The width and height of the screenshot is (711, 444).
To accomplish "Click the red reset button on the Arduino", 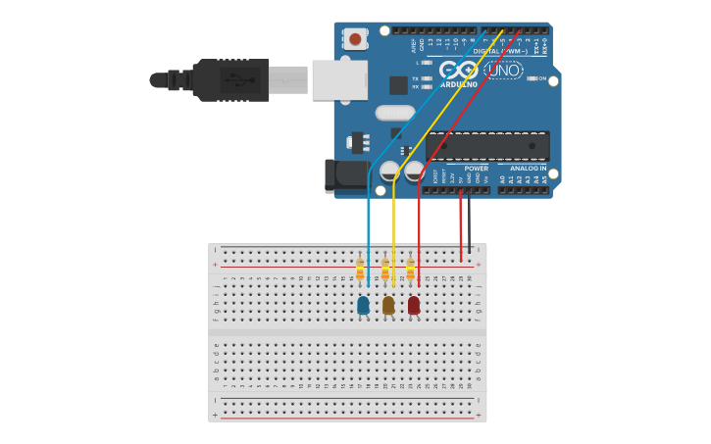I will [x=355, y=40].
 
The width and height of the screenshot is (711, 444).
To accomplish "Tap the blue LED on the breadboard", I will [x=363, y=306].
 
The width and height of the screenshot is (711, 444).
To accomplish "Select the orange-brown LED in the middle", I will [x=388, y=306].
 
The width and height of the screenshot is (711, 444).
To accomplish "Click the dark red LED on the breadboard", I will [x=414, y=306].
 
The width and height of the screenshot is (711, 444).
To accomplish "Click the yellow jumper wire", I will [x=393, y=225].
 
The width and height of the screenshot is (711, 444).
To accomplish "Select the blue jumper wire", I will [x=368, y=225].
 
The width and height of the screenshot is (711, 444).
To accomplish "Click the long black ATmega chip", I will [x=487, y=146].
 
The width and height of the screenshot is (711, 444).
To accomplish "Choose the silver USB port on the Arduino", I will [x=339, y=79].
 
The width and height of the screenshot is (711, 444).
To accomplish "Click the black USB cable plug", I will [x=230, y=78].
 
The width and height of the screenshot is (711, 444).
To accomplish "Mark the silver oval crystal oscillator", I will [x=395, y=113].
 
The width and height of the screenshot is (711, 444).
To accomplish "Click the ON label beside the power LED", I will [x=541, y=78].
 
